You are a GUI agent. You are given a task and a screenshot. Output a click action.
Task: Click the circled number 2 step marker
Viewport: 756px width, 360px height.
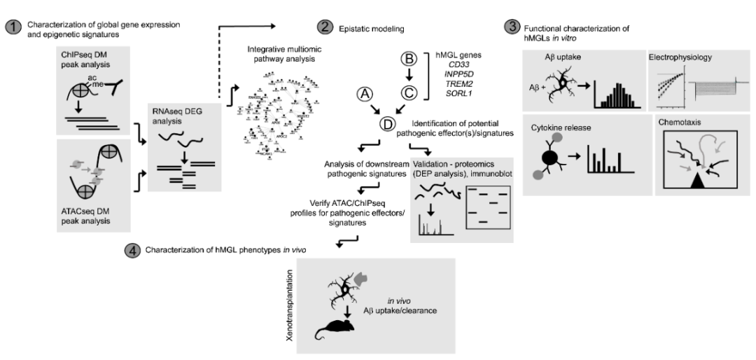(x=324, y=29)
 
